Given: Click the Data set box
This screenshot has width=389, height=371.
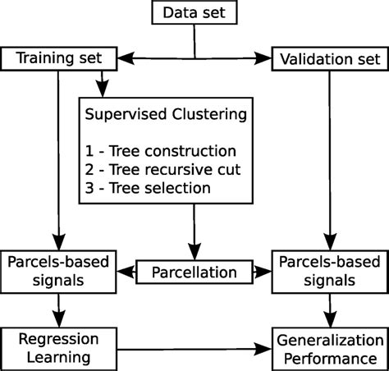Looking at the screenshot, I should [x=194, y=12].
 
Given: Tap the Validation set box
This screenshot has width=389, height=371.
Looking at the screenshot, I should [x=330, y=59].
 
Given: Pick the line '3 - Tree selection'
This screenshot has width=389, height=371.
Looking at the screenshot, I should [x=148, y=189].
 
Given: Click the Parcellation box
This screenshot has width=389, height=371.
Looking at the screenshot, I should [x=194, y=271].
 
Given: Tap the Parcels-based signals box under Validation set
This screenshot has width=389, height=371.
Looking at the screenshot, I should [x=330, y=271].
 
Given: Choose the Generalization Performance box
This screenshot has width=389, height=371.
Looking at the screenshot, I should [x=329, y=348].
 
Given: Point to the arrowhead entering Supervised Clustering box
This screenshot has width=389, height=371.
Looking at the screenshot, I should [x=102, y=88].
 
